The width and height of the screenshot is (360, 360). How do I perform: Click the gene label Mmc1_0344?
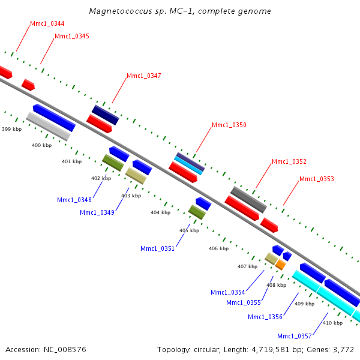click(x=47, y=23)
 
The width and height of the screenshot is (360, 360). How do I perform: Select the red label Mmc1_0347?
click(x=144, y=76)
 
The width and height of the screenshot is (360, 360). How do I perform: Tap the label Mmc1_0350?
click(x=229, y=125)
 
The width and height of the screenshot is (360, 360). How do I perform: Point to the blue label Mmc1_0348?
click(x=74, y=200)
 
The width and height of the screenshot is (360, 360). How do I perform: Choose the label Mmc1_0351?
click(x=157, y=248)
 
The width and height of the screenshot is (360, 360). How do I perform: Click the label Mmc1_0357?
click(x=295, y=337)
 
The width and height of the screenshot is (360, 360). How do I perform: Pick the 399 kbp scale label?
click(x=12, y=129)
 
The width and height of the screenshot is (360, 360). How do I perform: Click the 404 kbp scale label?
click(x=160, y=212)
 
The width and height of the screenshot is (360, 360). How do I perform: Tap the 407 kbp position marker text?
click(x=247, y=266)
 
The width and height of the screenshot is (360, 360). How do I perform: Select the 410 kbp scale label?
click(x=332, y=323)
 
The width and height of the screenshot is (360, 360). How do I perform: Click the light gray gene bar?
click(x=48, y=126)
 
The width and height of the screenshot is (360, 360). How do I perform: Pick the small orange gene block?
click(x=281, y=265)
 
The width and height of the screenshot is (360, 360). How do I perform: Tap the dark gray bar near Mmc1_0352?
click(x=248, y=200)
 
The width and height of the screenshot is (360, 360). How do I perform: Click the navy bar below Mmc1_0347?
click(x=106, y=115)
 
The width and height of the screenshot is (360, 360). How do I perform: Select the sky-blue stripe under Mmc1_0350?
click(x=188, y=166)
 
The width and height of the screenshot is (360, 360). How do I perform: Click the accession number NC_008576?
click(x=65, y=350)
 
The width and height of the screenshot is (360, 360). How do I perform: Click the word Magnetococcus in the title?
click(x=121, y=11)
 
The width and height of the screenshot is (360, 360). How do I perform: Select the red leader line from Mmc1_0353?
click(x=292, y=193)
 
